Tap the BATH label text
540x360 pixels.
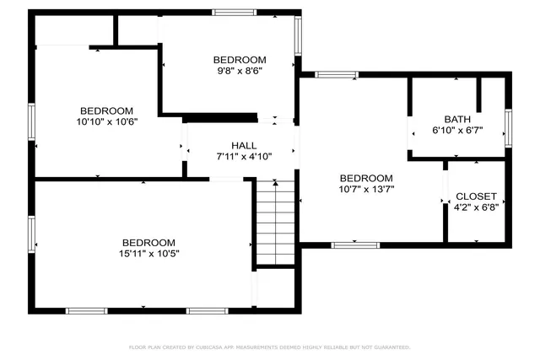(x=458, y=119)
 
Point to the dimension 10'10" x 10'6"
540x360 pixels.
(x=106, y=122)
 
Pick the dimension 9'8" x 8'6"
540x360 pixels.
(x=239, y=71)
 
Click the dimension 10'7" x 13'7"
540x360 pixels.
(x=366, y=190)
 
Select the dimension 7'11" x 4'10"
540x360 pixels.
(x=244, y=156)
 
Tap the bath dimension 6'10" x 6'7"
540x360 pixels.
(x=458, y=130)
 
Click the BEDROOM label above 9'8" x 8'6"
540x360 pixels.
(x=239, y=60)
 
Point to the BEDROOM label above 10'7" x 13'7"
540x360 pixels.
(x=366, y=179)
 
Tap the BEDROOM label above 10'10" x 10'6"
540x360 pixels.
(x=106, y=111)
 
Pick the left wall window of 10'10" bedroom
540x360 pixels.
(x=32, y=123)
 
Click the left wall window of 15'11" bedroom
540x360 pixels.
(x=32, y=234)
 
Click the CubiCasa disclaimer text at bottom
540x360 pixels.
(x=269, y=347)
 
